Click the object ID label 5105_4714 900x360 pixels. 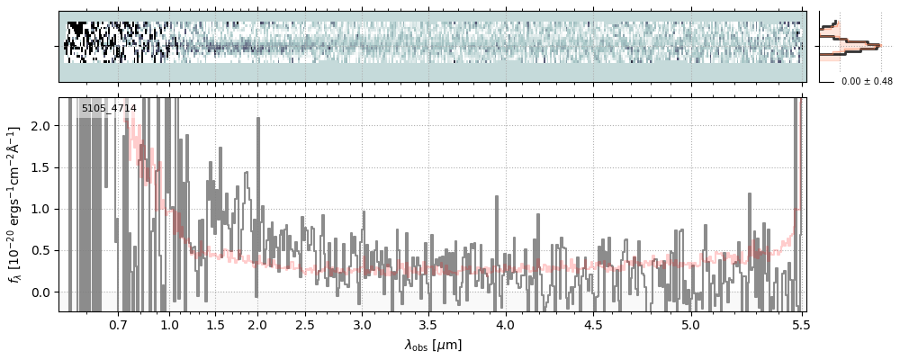click(x=109, y=109)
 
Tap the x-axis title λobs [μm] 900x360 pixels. click(x=433, y=344)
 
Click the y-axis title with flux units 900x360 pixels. click(x=15, y=204)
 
